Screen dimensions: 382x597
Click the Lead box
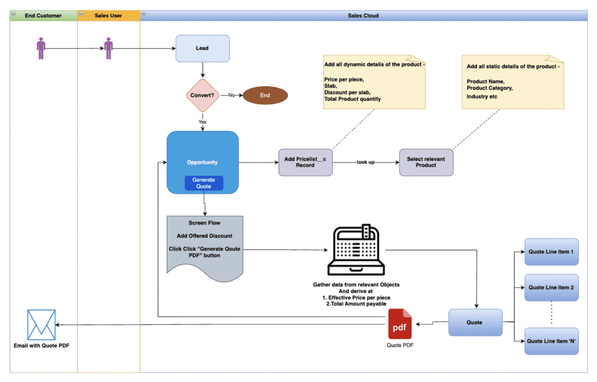coord(202,48)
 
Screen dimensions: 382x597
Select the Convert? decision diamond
coord(202,95)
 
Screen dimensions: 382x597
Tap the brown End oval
coord(265,95)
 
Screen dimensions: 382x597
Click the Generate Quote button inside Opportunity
coord(203,183)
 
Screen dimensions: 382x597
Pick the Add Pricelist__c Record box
coord(305,162)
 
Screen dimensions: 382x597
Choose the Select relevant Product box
coord(426,162)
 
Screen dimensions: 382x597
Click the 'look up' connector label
coord(366,162)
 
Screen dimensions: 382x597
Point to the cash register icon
coord(356,250)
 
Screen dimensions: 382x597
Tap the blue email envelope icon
coord(41,324)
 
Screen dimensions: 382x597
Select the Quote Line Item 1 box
coord(551,252)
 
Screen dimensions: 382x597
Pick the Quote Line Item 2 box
coord(551,288)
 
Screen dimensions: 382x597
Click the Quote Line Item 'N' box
coord(551,341)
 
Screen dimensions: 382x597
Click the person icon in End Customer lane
coord(41,48)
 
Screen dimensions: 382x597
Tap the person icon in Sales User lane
coord(108,48)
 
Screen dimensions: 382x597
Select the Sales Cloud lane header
coord(363,16)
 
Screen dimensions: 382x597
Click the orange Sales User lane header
coord(108,16)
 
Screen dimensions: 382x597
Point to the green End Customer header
coord(43,16)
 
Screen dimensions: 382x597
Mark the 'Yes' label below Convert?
coord(202,122)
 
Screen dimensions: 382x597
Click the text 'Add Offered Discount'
coord(204,235)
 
